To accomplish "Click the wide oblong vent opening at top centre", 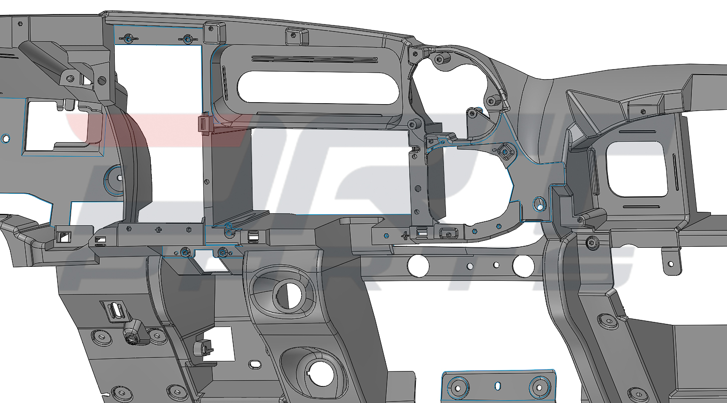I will pyautogui.click(x=318, y=87).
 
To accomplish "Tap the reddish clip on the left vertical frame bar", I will pyautogui.click(x=204, y=123).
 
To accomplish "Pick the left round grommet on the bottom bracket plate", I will pyautogui.click(x=457, y=386).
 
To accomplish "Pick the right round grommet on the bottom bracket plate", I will pyautogui.click(x=539, y=386).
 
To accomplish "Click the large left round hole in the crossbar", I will pyautogui.click(x=418, y=265).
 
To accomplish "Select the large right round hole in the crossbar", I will pyautogui.click(x=523, y=265).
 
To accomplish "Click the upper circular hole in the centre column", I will pyautogui.click(x=288, y=296).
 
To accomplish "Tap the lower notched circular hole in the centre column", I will pyautogui.click(x=319, y=373).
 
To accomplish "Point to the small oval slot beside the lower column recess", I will pyautogui.click(x=255, y=363).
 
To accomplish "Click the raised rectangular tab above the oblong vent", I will pyautogui.click(x=296, y=36).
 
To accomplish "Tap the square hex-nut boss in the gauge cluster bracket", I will pyautogui.click(x=505, y=151).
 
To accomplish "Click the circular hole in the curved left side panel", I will pyautogui.click(x=120, y=177).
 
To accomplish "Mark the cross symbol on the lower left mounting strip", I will pyautogui.click(x=159, y=229).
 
